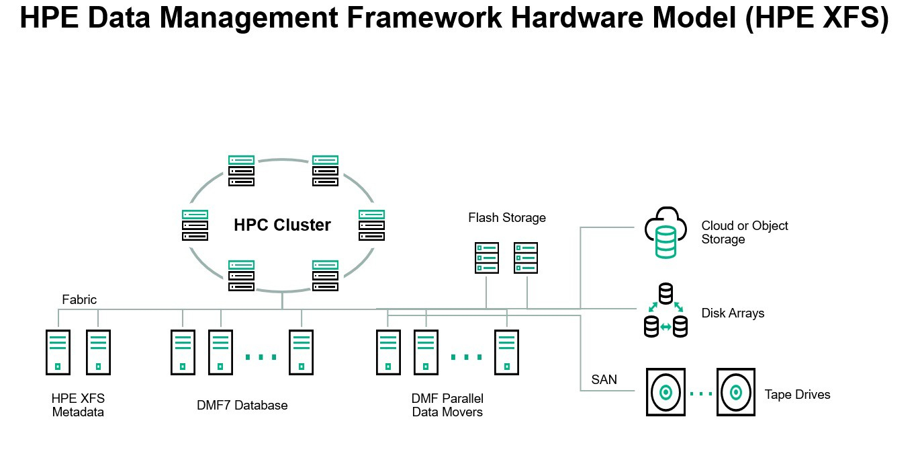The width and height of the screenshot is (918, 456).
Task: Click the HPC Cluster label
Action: click(282, 225)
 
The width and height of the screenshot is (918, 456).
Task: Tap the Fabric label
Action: click(79, 300)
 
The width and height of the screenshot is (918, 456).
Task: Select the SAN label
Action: click(604, 380)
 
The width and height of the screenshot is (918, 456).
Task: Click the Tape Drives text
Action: click(797, 395)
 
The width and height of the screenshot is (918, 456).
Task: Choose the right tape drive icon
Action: click(735, 392)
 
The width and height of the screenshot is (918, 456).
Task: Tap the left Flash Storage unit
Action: click(487, 258)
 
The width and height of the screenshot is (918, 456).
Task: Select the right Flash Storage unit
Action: click(526, 258)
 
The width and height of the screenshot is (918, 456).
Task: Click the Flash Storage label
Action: click(507, 218)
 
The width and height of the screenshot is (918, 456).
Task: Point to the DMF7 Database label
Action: click(242, 406)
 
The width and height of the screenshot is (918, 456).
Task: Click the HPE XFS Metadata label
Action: click(78, 406)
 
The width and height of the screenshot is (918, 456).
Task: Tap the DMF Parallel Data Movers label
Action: click(447, 406)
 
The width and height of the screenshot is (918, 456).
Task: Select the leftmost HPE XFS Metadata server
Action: click(58, 352)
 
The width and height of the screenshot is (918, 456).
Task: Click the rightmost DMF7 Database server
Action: click(302, 352)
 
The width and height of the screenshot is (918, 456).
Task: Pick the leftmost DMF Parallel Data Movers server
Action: click(387, 352)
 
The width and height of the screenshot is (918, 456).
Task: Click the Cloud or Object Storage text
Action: click(745, 233)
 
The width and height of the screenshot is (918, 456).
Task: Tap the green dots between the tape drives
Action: click(700, 393)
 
